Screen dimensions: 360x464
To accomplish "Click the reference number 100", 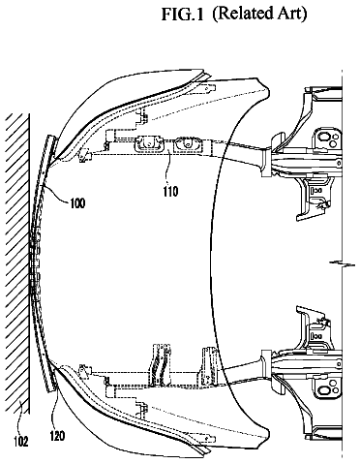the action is (x=77, y=203).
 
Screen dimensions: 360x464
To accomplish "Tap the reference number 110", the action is (x=170, y=192).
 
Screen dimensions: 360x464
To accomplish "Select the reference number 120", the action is (x=57, y=436).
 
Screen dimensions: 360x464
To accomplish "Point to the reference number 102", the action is (x=21, y=441).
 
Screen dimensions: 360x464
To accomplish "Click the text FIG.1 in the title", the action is (x=183, y=15).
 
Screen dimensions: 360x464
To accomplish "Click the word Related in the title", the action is (x=241, y=15).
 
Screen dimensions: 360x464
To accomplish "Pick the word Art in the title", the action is (x=289, y=15).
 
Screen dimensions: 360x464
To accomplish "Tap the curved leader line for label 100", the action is (x=55, y=195).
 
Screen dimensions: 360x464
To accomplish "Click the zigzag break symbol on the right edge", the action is (x=342, y=263).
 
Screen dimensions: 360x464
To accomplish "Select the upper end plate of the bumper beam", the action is (x=50, y=147).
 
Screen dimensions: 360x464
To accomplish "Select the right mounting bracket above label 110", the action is (x=188, y=144).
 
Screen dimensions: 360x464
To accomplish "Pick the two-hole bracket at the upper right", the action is (x=328, y=140).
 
